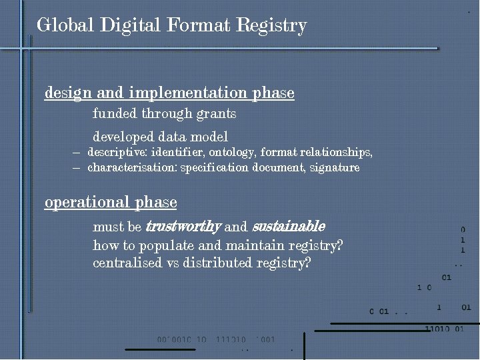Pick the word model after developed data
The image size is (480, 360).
[x=209, y=137]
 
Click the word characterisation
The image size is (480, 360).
[x=131, y=168]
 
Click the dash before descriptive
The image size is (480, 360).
[x=77, y=153]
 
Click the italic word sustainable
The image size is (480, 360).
[x=289, y=227]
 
